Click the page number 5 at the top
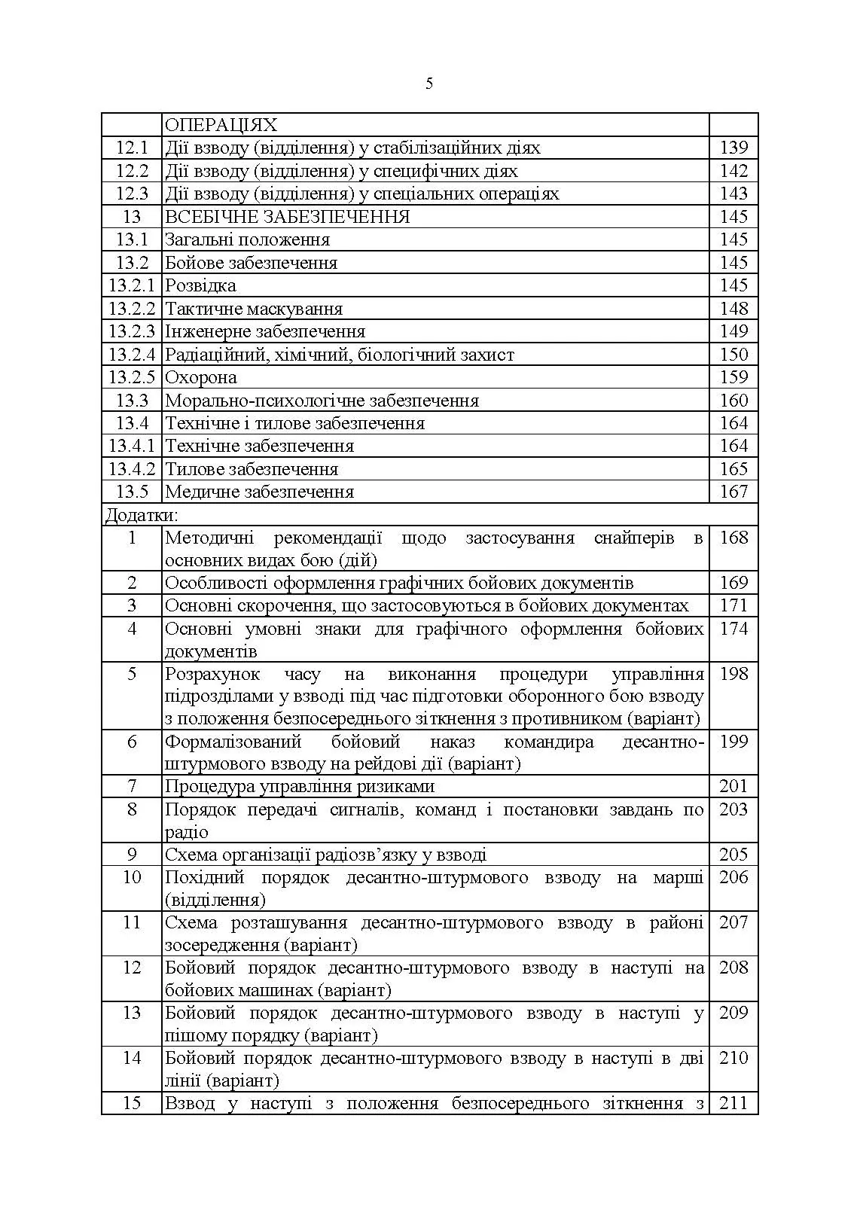tap(429, 84)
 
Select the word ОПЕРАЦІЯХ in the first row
tap(221, 125)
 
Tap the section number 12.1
tap(132, 148)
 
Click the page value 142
tap(733, 171)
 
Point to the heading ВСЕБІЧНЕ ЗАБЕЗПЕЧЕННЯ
tap(288, 217)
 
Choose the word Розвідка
tap(200, 285)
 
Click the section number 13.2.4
tap(132, 355)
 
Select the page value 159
tap(733, 377)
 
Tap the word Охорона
tap(201, 377)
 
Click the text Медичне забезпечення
tap(259, 492)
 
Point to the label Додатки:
tap(142, 515)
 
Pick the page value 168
tap(733, 538)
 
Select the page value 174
tap(733, 629)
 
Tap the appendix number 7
tap(132, 787)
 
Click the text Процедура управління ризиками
tap(300, 787)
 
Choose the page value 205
tap(733, 855)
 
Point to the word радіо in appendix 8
tap(187, 833)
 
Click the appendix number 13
tap(132, 1013)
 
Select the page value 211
tap(733, 1104)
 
